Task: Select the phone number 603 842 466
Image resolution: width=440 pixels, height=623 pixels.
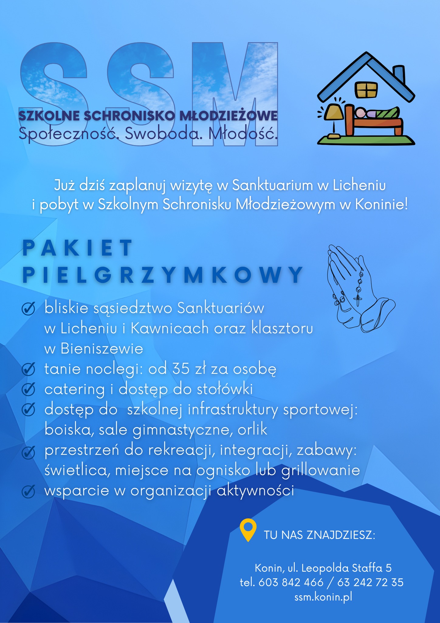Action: click(291, 582)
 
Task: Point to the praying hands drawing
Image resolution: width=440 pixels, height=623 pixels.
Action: click(359, 289)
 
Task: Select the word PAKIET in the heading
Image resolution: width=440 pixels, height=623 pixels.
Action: click(77, 248)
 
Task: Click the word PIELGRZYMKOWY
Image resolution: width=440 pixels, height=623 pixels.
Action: click(163, 275)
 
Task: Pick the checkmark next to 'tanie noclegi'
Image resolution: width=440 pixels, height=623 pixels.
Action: click(29, 370)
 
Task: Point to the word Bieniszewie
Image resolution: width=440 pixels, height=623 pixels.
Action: click(102, 349)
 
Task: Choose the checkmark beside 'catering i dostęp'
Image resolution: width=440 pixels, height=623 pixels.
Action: click(29, 390)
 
